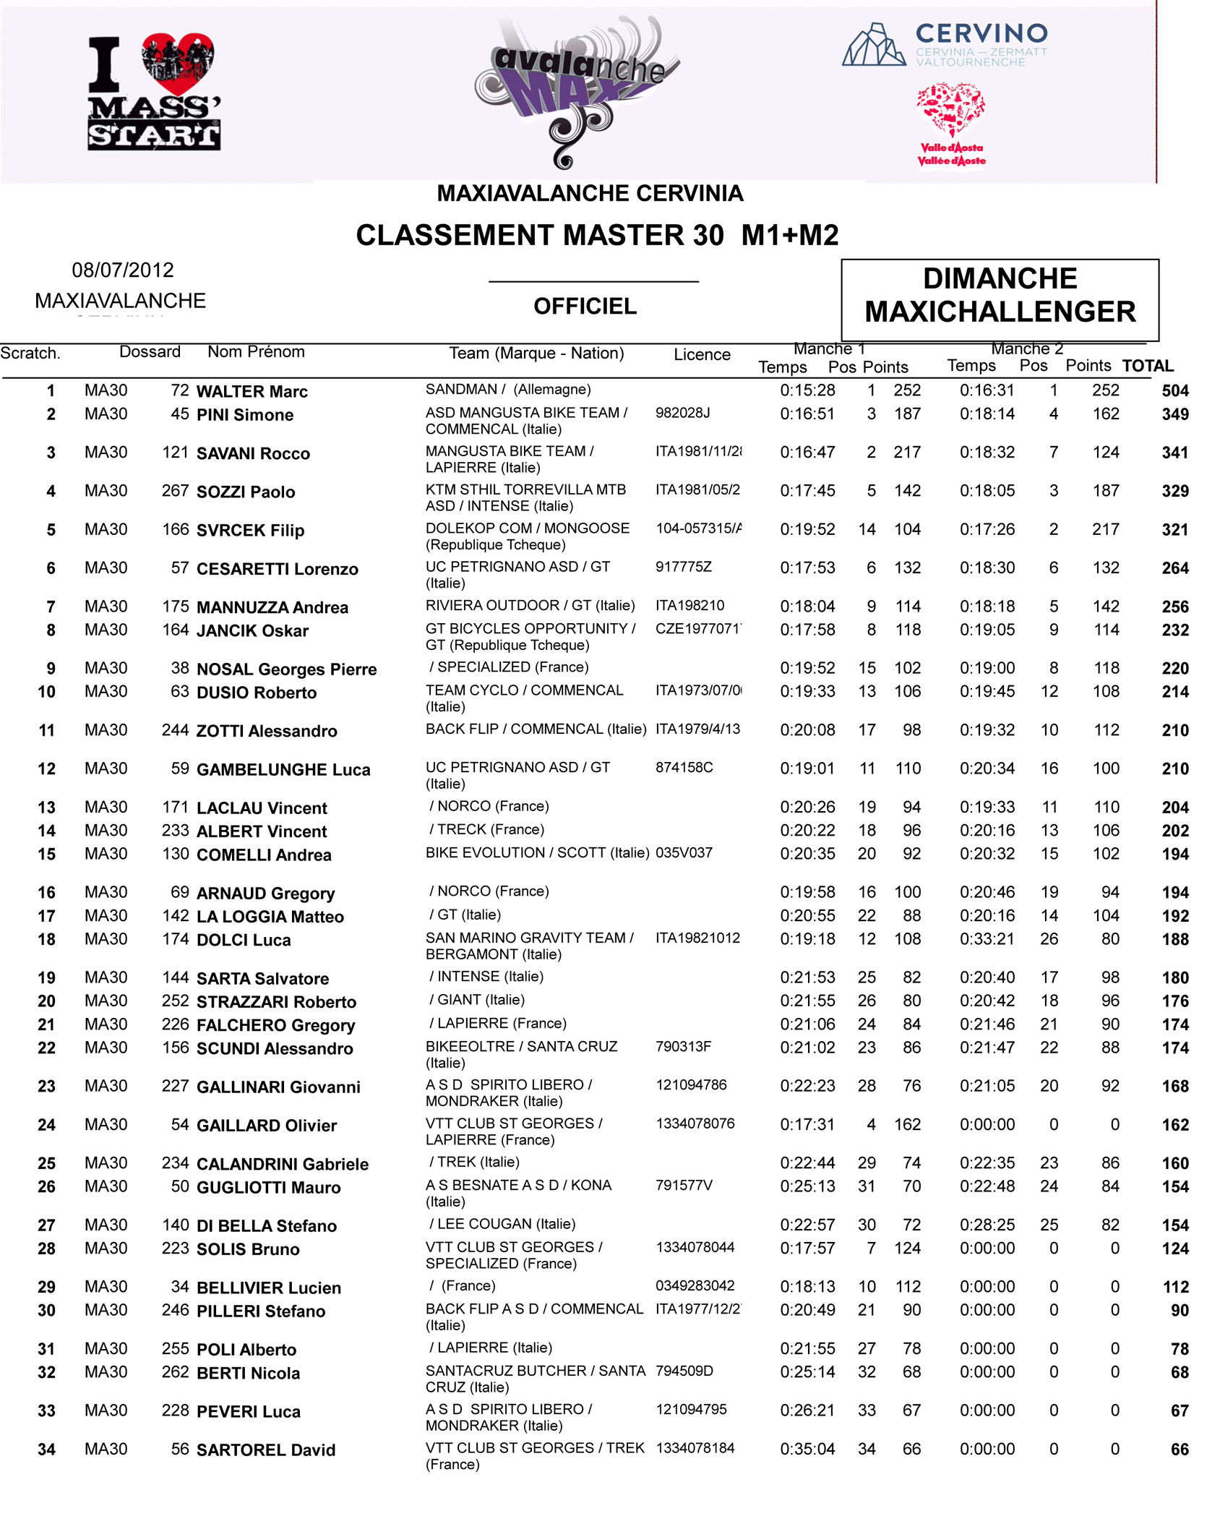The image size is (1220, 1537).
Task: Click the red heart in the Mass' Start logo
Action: tap(178, 62)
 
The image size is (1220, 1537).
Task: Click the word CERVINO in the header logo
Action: tap(981, 33)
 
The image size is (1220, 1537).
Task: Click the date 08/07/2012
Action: tap(123, 270)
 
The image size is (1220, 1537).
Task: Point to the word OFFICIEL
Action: tap(585, 307)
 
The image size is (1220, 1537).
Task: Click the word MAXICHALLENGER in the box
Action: tap(1000, 312)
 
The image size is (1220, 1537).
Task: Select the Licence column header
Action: tap(701, 354)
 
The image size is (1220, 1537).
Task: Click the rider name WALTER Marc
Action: tap(252, 392)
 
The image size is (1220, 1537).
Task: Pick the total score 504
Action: tap(1174, 391)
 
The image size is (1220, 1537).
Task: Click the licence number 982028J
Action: tap(682, 413)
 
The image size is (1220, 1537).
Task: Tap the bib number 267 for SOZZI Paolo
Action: tap(175, 491)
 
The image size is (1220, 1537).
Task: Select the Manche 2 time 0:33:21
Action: tap(987, 939)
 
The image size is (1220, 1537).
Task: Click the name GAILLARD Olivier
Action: tap(266, 1126)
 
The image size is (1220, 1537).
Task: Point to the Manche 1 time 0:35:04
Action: tap(807, 1449)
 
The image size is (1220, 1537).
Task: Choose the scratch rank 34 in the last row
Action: tap(46, 1450)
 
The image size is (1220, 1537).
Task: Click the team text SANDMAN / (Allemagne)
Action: tap(507, 390)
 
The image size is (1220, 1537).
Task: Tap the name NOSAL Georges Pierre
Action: tap(286, 669)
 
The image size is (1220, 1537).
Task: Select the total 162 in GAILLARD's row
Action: tap(1174, 1125)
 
